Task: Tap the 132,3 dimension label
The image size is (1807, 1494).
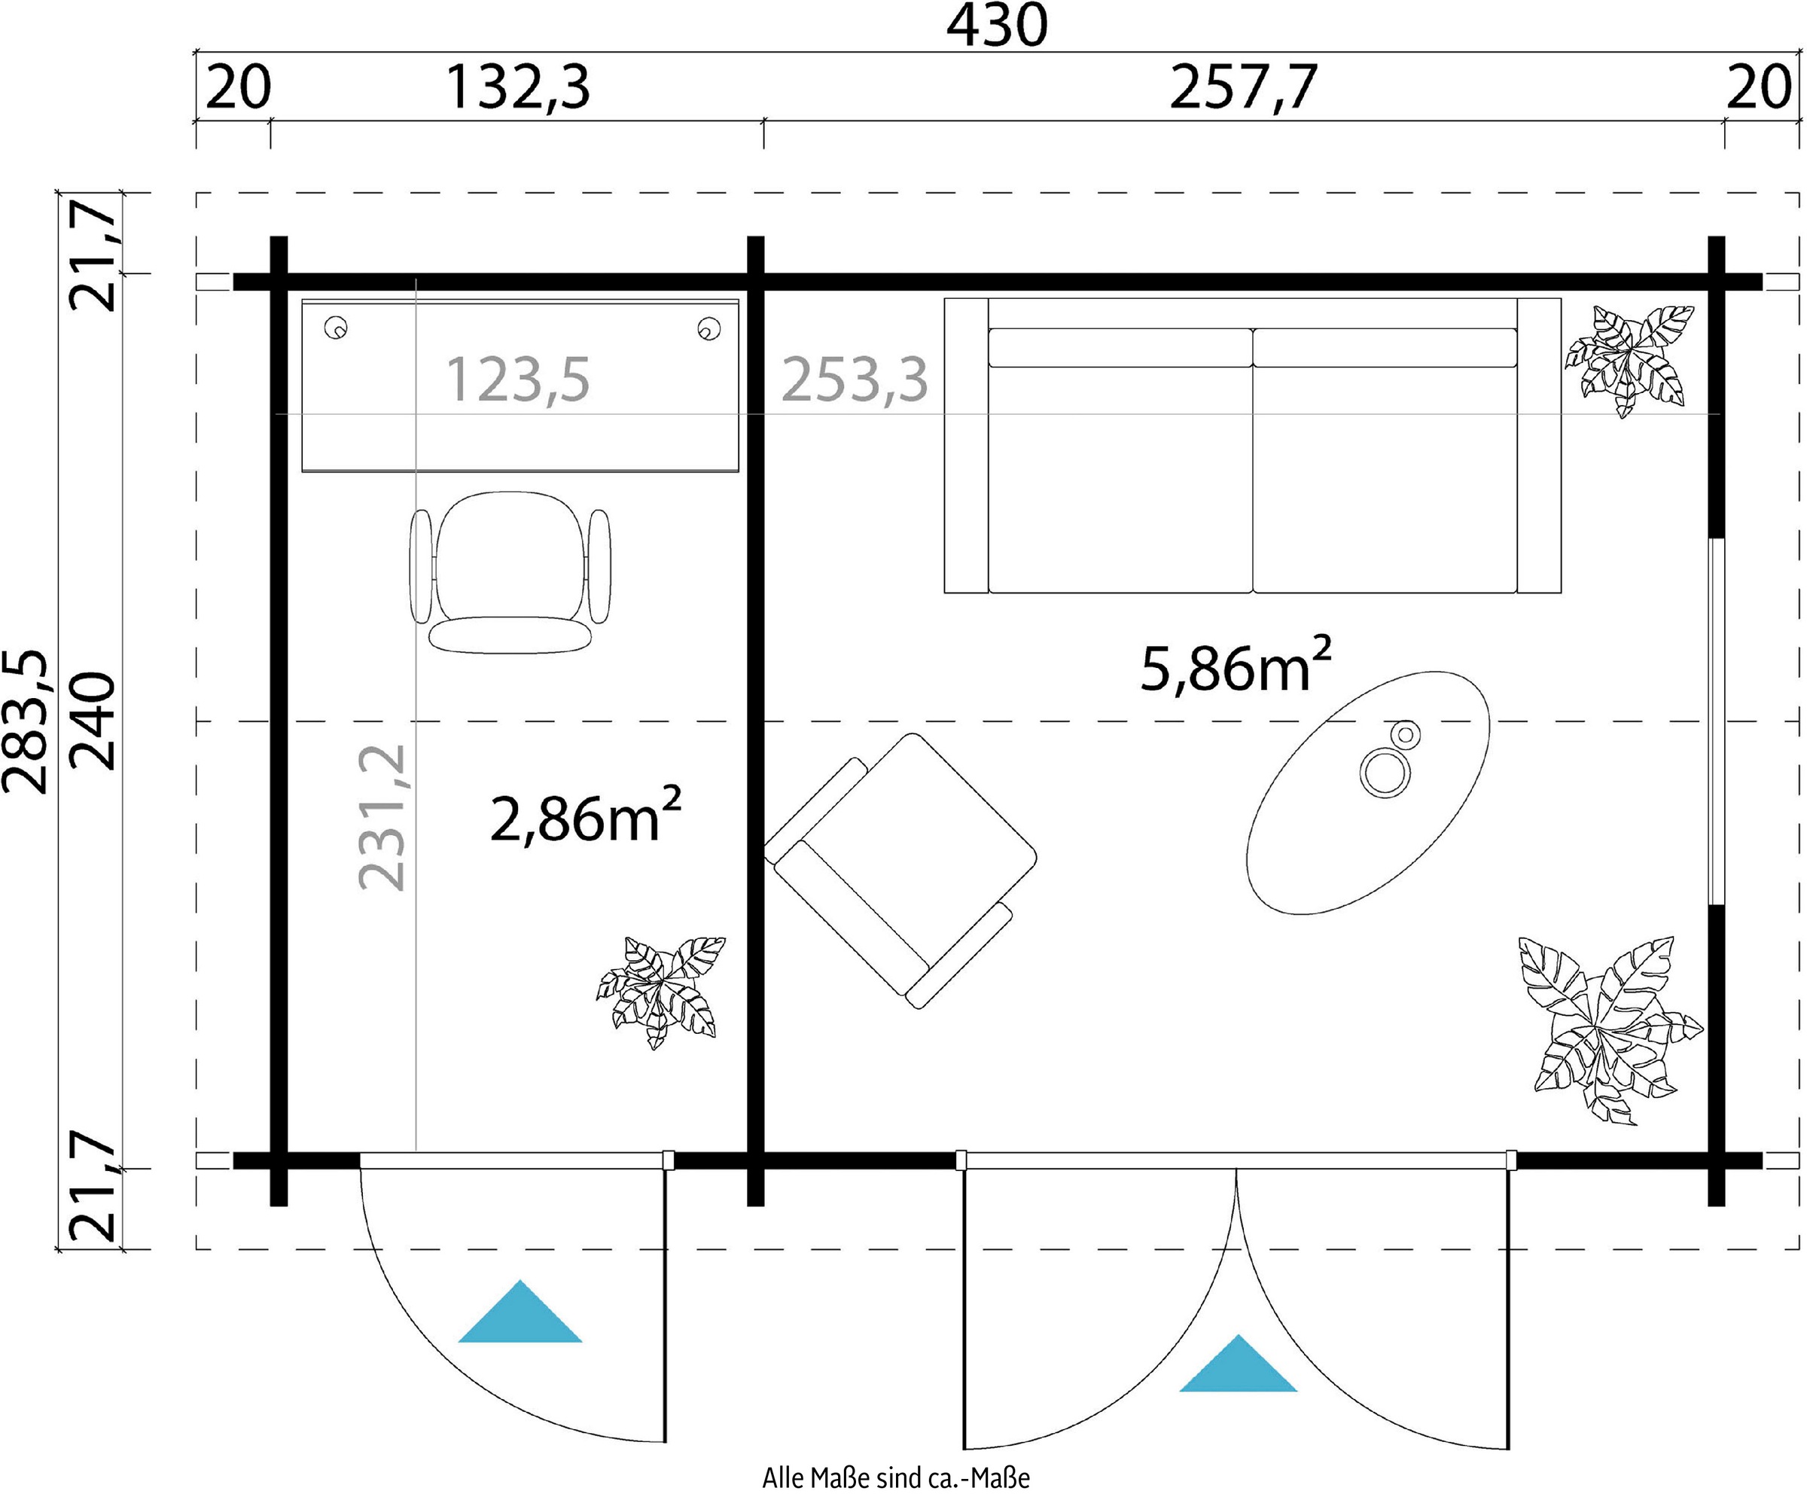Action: pos(518,88)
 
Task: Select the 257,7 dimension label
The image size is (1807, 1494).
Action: pos(1243,88)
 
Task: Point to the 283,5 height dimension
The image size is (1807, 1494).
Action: pos(25,721)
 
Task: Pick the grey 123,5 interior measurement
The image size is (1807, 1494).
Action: pos(518,380)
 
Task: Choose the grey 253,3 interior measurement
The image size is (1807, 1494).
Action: pos(855,380)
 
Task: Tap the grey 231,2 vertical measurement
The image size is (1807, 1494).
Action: pos(381,818)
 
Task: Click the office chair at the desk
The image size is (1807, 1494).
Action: pos(510,572)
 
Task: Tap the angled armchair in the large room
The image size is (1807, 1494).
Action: pos(901,870)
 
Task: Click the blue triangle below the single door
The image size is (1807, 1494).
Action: pos(520,1312)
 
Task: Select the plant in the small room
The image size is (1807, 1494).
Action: pos(661,992)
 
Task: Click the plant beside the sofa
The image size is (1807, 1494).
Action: pos(1629,361)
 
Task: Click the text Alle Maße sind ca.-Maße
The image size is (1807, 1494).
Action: pos(896,1477)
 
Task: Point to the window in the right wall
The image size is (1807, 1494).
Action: pos(1717,722)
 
